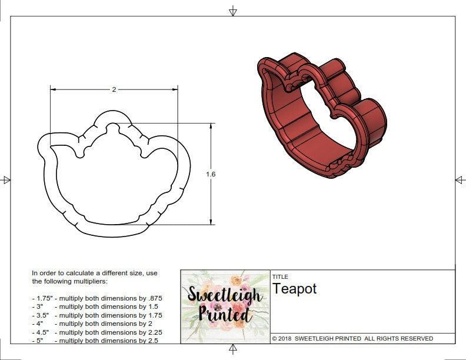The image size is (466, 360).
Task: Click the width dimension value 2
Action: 114,89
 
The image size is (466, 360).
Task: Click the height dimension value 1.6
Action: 211,174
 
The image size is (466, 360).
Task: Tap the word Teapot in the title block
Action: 294,289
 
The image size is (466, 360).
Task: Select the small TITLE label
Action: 279,276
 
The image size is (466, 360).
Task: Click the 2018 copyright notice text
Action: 352,339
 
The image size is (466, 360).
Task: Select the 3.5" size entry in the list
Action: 41,315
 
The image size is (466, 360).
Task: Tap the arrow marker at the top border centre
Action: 233,11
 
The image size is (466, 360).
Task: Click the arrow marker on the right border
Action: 460,179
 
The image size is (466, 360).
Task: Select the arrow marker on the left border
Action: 6,179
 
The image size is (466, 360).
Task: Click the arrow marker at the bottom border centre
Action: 233,350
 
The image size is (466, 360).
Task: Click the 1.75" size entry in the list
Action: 42,298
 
